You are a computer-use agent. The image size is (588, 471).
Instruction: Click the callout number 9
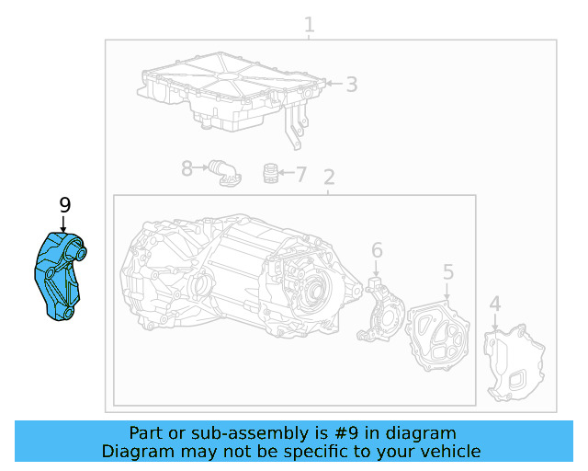[64, 205]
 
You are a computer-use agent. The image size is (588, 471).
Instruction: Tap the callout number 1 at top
[310, 25]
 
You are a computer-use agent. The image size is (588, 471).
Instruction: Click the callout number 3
[351, 85]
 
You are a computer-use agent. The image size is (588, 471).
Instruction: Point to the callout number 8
[187, 168]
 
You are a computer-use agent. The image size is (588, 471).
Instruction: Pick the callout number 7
[300, 173]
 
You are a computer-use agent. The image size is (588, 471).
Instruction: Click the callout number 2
[329, 177]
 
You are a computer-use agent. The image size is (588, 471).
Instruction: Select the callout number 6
[377, 250]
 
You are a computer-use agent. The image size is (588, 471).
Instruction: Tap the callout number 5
[448, 271]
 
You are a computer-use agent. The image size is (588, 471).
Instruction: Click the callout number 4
[495, 304]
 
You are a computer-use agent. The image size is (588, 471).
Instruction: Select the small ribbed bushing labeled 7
[270, 173]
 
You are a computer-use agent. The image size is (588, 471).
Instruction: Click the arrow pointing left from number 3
[331, 85]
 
